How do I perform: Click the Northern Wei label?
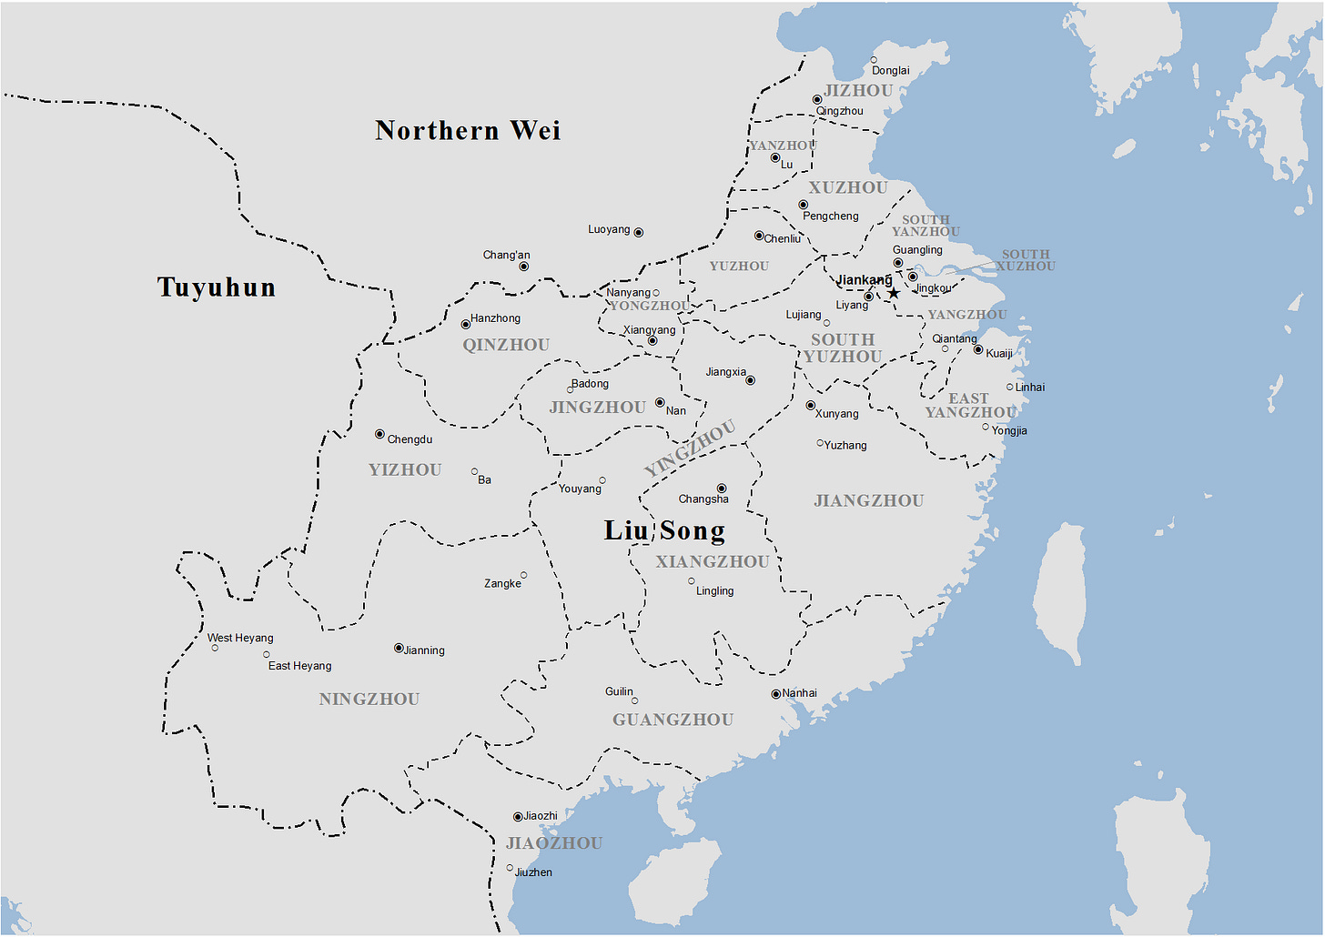[468, 131]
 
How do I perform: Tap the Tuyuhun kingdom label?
[217, 287]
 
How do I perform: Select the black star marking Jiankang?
[894, 293]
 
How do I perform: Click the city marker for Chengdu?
[379, 435]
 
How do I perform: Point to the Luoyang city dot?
[639, 233]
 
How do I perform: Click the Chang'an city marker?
[523, 267]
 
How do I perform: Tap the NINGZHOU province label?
[369, 700]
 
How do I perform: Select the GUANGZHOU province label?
[673, 720]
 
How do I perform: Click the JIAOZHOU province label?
[554, 843]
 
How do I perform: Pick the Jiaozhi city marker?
[518, 817]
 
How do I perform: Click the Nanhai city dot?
[775, 694]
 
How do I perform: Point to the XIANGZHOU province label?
[713, 562]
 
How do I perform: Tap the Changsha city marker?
[722, 489]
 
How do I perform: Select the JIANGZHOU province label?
[869, 501]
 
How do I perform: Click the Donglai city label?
[890, 71]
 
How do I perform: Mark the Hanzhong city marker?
[466, 324]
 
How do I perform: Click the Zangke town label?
[502, 584]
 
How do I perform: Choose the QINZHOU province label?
[506, 345]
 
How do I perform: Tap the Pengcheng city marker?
[803, 205]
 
